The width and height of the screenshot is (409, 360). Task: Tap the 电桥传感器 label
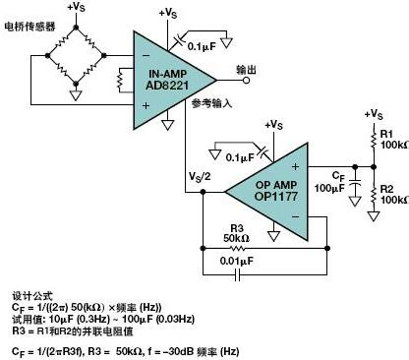point(30,26)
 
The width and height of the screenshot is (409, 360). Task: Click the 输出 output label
point(246,70)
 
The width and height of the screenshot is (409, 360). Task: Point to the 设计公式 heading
point(29,294)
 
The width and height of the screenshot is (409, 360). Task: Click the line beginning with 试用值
point(98,318)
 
